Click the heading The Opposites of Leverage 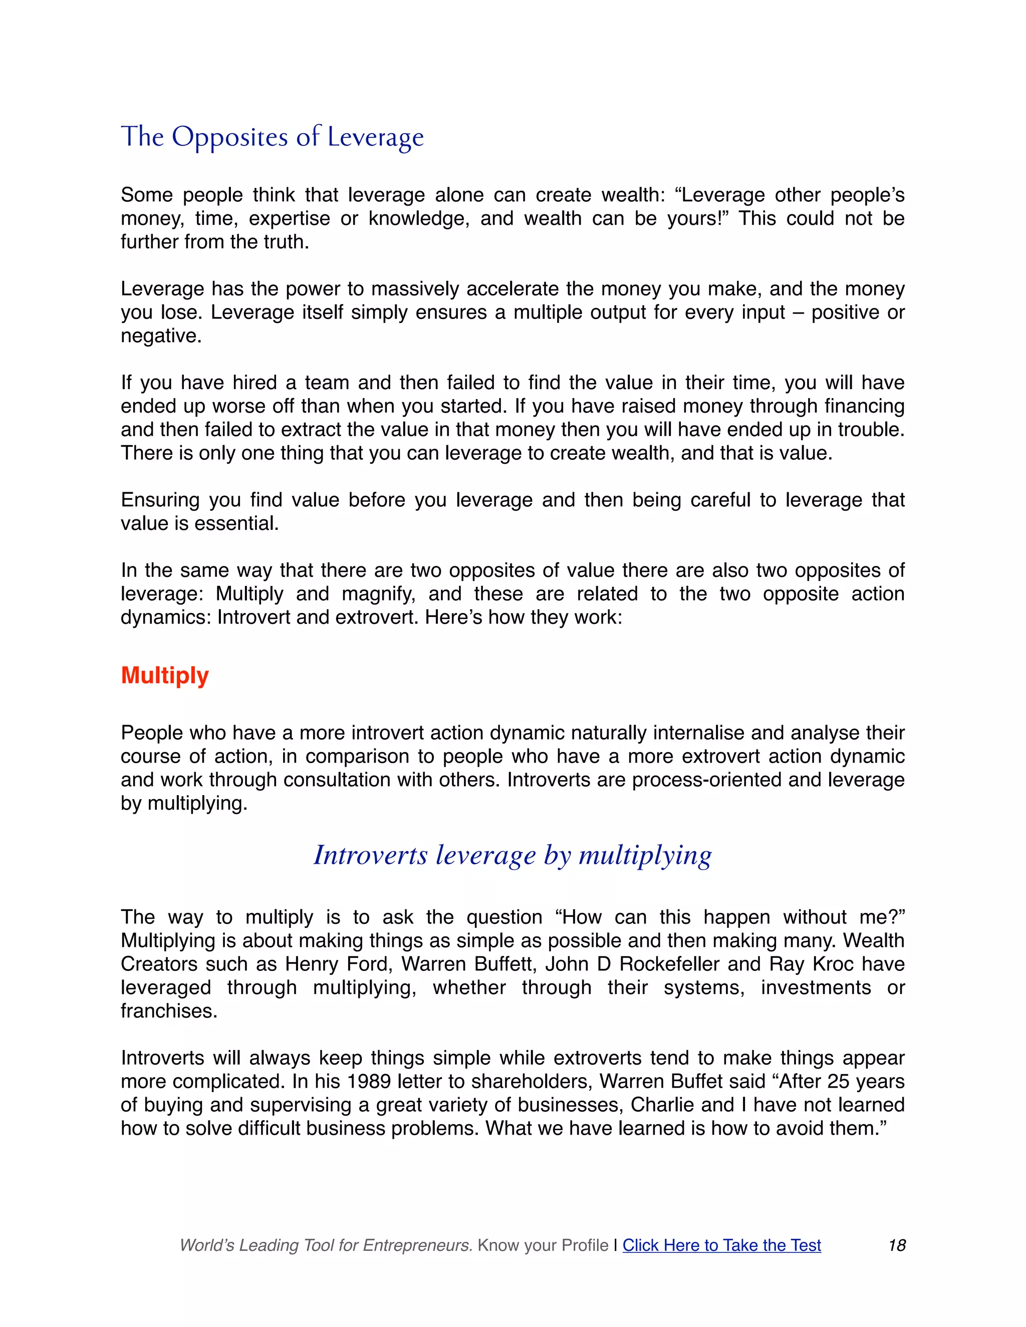(x=273, y=137)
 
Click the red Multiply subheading (x=165, y=675)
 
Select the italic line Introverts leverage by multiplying (x=512, y=855)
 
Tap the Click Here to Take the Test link (x=721, y=1245)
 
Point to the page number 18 (x=897, y=1245)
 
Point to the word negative (x=160, y=336)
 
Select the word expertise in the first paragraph (x=290, y=218)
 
